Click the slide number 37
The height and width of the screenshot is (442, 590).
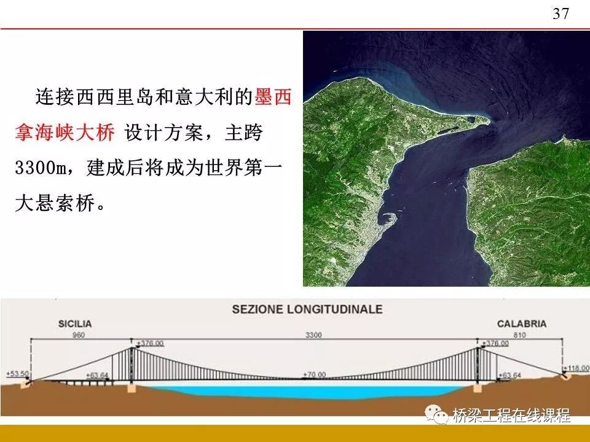pos(560,14)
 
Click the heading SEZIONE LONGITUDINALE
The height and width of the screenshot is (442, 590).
pos(307,309)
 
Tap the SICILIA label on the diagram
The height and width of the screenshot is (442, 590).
pos(75,324)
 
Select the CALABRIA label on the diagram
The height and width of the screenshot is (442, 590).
pos(522,324)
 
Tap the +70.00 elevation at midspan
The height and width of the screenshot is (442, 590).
pos(314,374)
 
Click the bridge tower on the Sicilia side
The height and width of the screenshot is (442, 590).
pos(132,365)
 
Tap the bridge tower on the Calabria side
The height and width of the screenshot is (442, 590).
pos(479,365)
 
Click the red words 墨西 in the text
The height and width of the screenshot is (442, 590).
pos(272,97)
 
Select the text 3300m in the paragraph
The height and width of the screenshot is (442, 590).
pos(40,168)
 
